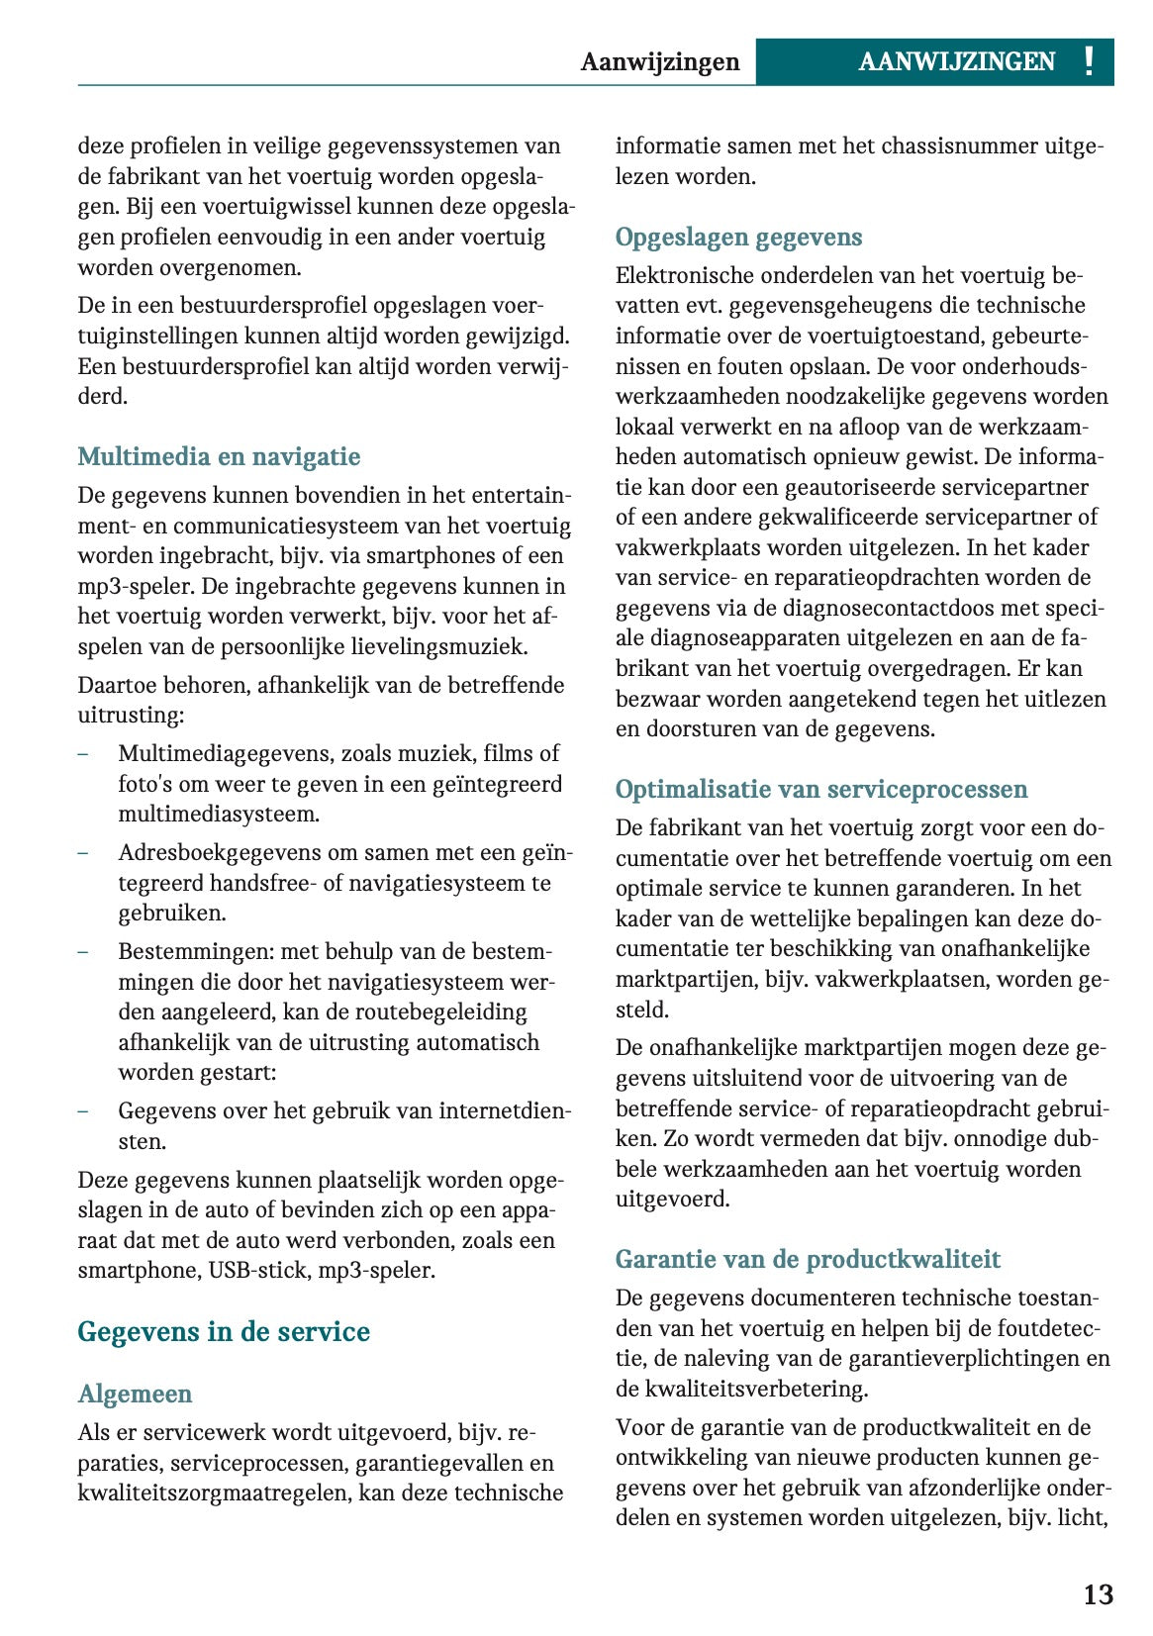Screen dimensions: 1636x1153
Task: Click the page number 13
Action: [x=1098, y=1594]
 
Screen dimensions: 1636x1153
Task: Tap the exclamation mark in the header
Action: [x=1089, y=62]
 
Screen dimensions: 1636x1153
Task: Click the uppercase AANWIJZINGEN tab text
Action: [x=956, y=62]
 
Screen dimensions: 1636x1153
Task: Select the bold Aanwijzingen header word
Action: [x=659, y=62]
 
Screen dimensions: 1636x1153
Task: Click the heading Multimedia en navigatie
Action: [x=219, y=456]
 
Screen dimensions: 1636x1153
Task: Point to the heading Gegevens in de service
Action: [x=224, y=1331]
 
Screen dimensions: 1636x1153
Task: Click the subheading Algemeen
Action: [x=135, y=1394]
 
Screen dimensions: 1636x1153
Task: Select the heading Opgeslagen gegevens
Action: [x=738, y=237]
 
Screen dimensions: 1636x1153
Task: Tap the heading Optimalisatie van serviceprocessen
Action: [x=820, y=789]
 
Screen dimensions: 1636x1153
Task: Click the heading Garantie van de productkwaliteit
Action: [x=808, y=1259]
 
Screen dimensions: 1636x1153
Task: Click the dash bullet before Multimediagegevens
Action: [x=83, y=754]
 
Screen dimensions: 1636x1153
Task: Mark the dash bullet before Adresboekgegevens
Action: [x=83, y=853]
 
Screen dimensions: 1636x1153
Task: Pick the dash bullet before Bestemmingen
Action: [x=83, y=952]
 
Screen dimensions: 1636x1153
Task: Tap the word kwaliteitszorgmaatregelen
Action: [x=213, y=1492]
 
